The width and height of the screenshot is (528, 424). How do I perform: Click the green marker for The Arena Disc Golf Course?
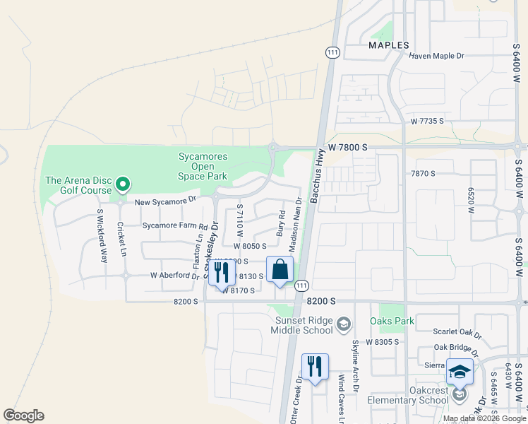pyautogui.click(x=123, y=185)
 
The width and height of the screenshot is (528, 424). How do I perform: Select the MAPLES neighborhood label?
pyautogui.click(x=389, y=45)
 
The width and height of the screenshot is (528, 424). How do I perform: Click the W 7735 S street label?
pyautogui.click(x=428, y=122)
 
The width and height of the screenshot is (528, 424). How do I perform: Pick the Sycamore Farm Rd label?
pyautogui.click(x=174, y=227)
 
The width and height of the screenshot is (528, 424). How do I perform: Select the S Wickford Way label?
pyautogui.click(x=102, y=236)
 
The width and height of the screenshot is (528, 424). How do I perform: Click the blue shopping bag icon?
pyautogui.click(x=280, y=269)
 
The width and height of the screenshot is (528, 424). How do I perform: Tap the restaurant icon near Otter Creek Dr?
pyautogui.click(x=315, y=366)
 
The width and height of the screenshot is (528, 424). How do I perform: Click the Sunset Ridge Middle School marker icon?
pyautogui.click(x=344, y=324)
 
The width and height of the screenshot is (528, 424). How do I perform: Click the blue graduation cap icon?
pyautogui.click(x=460, y=372)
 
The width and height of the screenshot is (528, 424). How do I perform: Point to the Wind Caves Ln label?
pyautogui.click(x=342, y=400)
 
